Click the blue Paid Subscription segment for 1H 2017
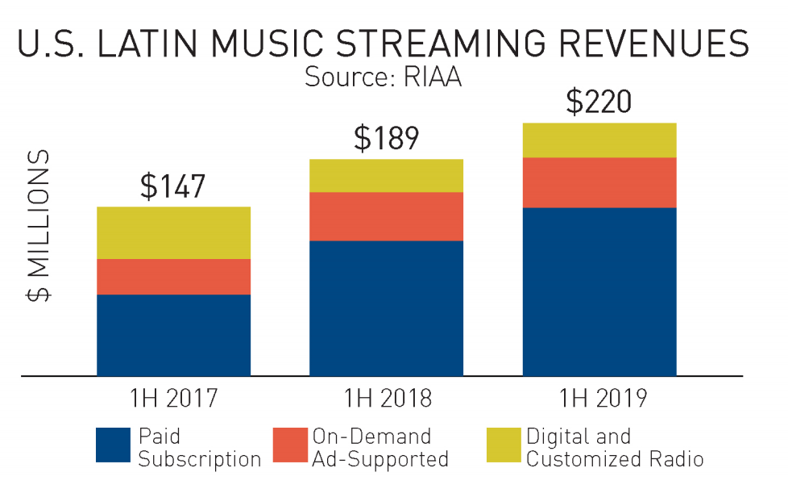coord(173,335)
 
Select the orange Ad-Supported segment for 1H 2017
coord(173,277)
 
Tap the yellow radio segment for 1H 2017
coord(173,232)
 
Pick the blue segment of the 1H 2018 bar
coord(386,308)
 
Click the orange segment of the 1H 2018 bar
coord(386,216)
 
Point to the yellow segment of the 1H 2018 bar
coord(386,175)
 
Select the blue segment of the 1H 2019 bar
coord(599,291)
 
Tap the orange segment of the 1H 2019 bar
coord(599,182)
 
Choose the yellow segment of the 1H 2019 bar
coord(599,140)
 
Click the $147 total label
coord(173,186)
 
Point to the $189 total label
coord(386,139)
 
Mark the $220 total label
coord(599,102)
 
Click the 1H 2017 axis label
coord(173,399)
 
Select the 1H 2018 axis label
coord(386,399)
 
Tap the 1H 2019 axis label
coord(599,399)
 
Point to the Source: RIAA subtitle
coord(383,78)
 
